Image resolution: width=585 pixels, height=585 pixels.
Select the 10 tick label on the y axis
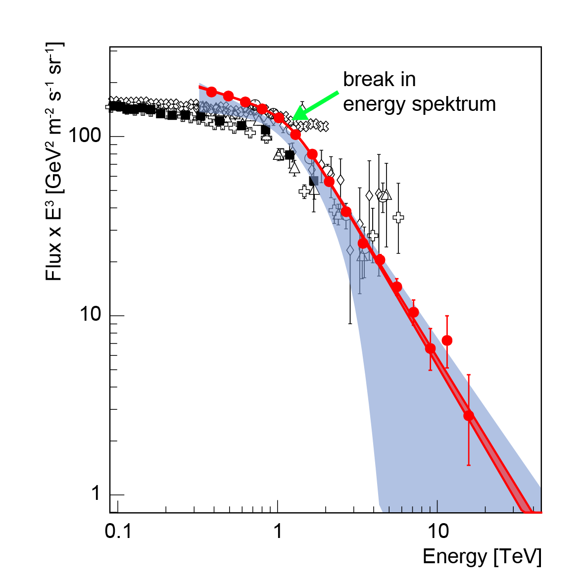point(92,315)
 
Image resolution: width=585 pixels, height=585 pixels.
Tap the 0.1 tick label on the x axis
point(118,532)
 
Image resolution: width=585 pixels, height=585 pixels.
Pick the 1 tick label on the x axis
point(278,532)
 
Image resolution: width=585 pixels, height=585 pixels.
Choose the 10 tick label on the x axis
point(438,532)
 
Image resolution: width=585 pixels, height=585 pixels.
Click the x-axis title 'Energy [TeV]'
point(482,557)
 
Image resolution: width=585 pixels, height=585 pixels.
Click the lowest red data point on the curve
point(469,415)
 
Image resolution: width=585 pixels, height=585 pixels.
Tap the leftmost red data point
point(212,92)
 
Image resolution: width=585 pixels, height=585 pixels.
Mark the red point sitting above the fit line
point(447,340)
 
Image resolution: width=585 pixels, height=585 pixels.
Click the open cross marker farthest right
point(398,217)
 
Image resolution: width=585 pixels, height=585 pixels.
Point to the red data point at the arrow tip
point(295,135)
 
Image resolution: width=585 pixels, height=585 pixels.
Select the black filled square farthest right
point(313,181)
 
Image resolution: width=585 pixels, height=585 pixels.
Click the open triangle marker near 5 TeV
point(386,195)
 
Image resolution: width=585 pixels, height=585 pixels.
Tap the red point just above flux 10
point(414,312)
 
